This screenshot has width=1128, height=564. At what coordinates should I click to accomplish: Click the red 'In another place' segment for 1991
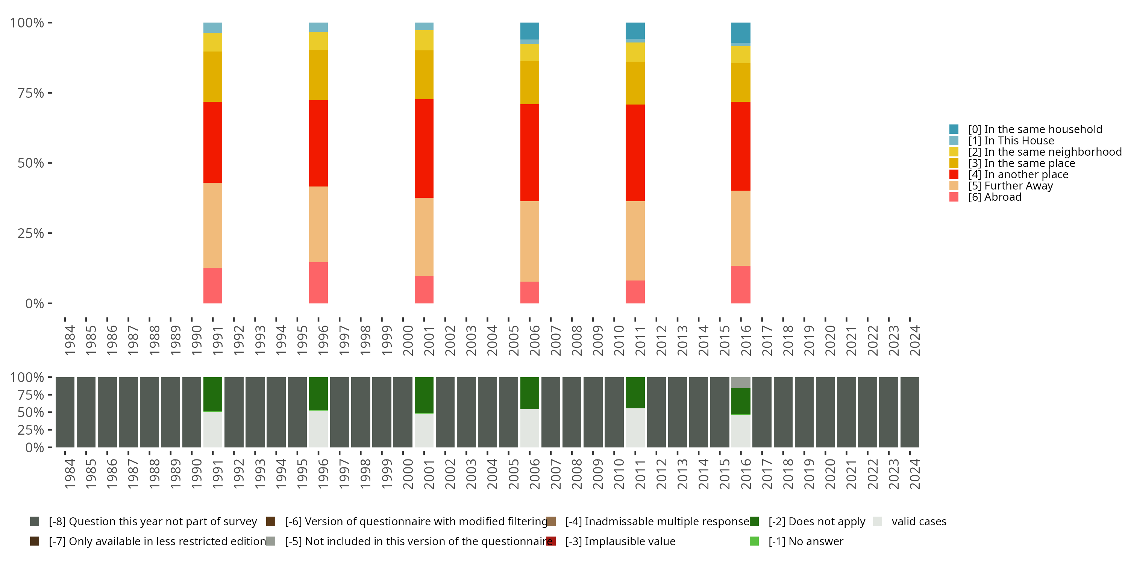[x=212, y=142]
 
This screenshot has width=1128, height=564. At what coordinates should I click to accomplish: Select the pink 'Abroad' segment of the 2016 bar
[x=740, y=285]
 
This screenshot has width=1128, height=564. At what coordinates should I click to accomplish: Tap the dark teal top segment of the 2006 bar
[x=529, y=31]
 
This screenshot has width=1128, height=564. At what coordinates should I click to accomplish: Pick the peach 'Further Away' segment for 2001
[x=424, y=237]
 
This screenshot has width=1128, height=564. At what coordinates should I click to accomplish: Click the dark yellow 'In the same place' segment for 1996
[x=318, y=75]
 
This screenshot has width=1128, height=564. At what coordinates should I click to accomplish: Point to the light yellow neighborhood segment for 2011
[x=635, y=52]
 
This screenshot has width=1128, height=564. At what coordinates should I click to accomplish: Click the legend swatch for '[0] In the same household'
[x=954, y=129]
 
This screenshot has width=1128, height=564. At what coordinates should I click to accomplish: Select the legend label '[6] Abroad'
[x=995, y=197]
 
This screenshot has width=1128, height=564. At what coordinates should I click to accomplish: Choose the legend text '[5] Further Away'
[x=1010, y=186]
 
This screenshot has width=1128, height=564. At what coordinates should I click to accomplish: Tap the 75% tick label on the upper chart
[x=31, y=93]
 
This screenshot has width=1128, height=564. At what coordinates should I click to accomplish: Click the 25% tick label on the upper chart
[x=31, y=233]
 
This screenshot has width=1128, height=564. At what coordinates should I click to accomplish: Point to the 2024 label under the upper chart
[x=914, y=340]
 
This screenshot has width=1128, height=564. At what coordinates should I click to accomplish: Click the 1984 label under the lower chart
[x=70, y=474]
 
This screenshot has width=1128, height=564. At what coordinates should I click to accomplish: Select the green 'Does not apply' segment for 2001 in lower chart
[x=424, y=395]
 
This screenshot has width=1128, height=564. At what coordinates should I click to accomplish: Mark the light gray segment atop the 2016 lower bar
[x=740, y=382]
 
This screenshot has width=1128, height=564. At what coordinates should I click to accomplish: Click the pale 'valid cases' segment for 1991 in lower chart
[x=212, y=429]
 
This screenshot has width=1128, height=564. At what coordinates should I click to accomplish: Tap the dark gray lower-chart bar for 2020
[x=825, y=412]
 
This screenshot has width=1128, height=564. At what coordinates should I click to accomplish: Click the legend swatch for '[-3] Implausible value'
[x=551, y=541]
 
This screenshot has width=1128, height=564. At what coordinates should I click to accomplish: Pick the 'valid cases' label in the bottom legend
[x=919, y=522]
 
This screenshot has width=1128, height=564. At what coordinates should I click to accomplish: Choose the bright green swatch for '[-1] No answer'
[x=754, y=541]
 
